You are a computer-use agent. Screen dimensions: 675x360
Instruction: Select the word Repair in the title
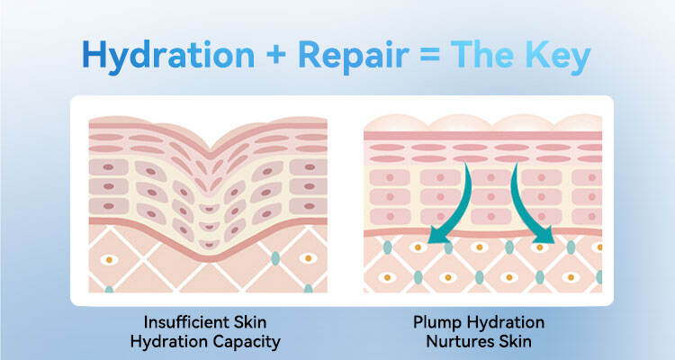click(x=354, y=57)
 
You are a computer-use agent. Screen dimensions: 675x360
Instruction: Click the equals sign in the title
click(x=429, y=56)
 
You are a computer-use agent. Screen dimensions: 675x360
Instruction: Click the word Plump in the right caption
click(x=437, y=323)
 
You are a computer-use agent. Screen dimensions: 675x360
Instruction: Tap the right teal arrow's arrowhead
click(x=545, y=235)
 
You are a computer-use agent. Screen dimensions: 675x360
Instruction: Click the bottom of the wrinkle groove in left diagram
click(x=209, y=257)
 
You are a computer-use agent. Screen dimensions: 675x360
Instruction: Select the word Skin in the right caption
click(x=516, y=342)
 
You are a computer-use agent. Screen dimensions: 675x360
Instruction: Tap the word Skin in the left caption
click(x=249, y=322)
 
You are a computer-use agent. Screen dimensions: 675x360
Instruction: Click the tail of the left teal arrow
click(x=466, y=163)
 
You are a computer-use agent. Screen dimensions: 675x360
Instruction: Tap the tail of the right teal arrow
click(x=515, y=163)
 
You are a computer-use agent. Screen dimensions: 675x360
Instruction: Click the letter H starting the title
click(x=94, y=55)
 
